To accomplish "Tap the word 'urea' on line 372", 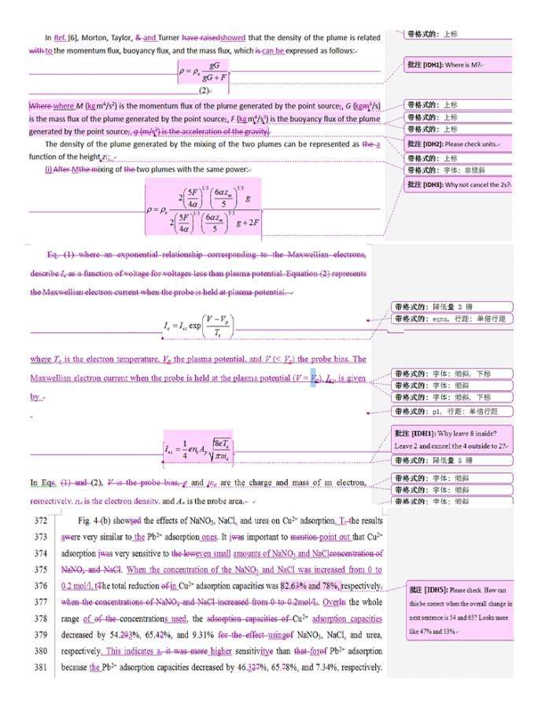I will click(x=256, y=521).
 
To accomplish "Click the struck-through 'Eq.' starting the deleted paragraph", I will click(x=53, y=255).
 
